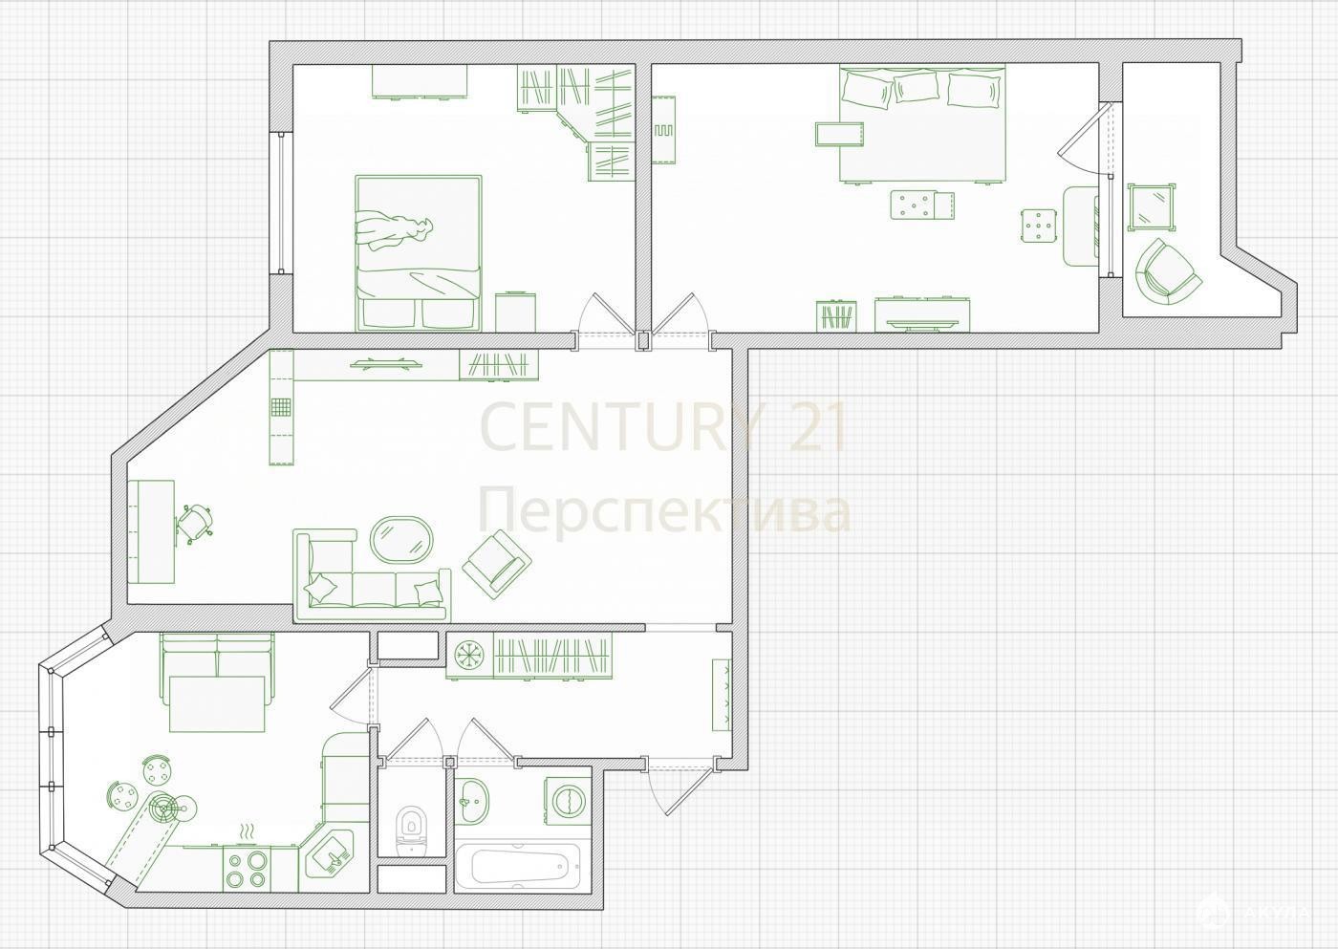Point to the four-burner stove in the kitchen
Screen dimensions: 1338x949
[x=247, y=869]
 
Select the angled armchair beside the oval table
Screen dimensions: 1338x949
[x=497, y=564]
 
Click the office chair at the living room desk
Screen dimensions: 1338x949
[x=195, y=524]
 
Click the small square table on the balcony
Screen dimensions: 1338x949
[x=1152, y=206]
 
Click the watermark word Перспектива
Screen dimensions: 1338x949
[x=664, y=511]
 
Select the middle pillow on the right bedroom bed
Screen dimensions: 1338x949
[x=917, y=87]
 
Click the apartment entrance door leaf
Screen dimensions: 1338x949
[x=688, y=789]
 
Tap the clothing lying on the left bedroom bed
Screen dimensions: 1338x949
[x=394, y=231]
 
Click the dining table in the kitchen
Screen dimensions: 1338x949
[x=217, y=703]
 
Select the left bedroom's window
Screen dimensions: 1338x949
[x=281, y=203]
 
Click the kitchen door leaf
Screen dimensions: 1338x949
[x=351, y=695]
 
